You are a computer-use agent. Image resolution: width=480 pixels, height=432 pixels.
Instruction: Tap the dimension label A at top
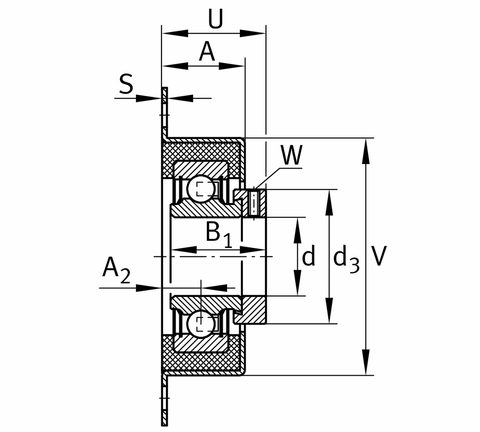[207, 52]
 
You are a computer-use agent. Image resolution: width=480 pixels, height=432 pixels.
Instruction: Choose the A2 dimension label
[116, 269]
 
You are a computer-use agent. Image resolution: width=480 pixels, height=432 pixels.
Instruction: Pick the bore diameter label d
[309, 256]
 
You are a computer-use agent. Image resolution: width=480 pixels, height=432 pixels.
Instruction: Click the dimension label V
[378, 256]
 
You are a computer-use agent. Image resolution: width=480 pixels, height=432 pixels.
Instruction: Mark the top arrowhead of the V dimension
[366, 151]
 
